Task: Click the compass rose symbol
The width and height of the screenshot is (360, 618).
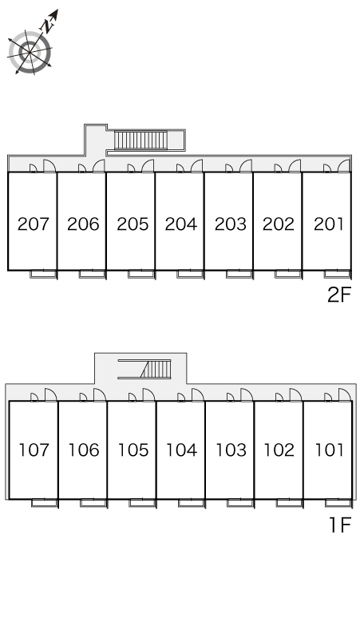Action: click(30, 52)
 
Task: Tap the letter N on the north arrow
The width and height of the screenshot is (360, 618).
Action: click(48, 26)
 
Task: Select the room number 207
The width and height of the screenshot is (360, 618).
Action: click(33, 224)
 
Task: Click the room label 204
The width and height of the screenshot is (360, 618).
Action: click(180, 224)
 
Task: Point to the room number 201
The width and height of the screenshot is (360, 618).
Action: click(329, 224)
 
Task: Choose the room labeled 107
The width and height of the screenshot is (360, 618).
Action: click(34, 450)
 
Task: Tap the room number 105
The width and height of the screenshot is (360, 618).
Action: click(133, 450)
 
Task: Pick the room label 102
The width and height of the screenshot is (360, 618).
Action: click(279, 450)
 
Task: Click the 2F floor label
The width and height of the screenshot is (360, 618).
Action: click(338, 295)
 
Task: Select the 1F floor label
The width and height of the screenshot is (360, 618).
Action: click(340, 525)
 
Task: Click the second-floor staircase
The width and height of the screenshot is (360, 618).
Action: click(140, 141)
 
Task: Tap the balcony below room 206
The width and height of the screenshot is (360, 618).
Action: click(92, 274)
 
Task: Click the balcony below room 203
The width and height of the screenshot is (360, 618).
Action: click(239, 274)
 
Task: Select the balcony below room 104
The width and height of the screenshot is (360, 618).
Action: click(192, 503)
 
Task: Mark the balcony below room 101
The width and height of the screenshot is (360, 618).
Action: click(338, 503)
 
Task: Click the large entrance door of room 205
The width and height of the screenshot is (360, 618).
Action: click(148, 166)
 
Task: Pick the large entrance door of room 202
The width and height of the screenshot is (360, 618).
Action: click(295, 166)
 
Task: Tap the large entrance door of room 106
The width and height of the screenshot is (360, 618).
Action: click(100, 395)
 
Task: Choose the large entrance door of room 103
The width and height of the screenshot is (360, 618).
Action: click(247, 395)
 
